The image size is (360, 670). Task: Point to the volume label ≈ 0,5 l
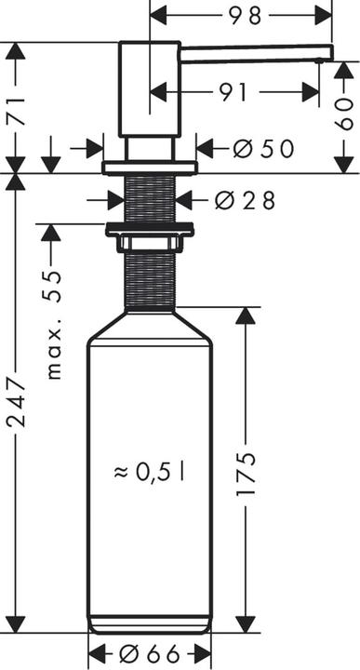(x=149, y=472)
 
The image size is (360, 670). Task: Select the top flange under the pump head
(x=150, y=167)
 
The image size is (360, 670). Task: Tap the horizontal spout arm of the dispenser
(x=251, y=52)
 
